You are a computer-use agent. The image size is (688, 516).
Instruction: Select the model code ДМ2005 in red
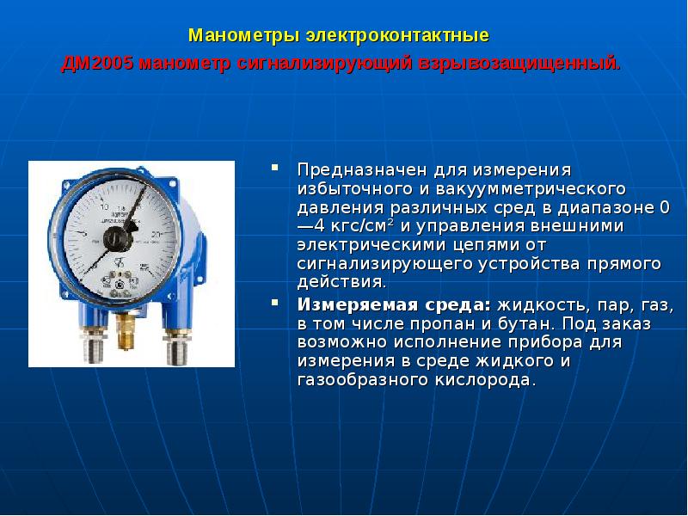point(97,64)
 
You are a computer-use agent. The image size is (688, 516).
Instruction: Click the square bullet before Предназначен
point(275,166)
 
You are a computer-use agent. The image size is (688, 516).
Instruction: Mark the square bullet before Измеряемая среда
point(275,304)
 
